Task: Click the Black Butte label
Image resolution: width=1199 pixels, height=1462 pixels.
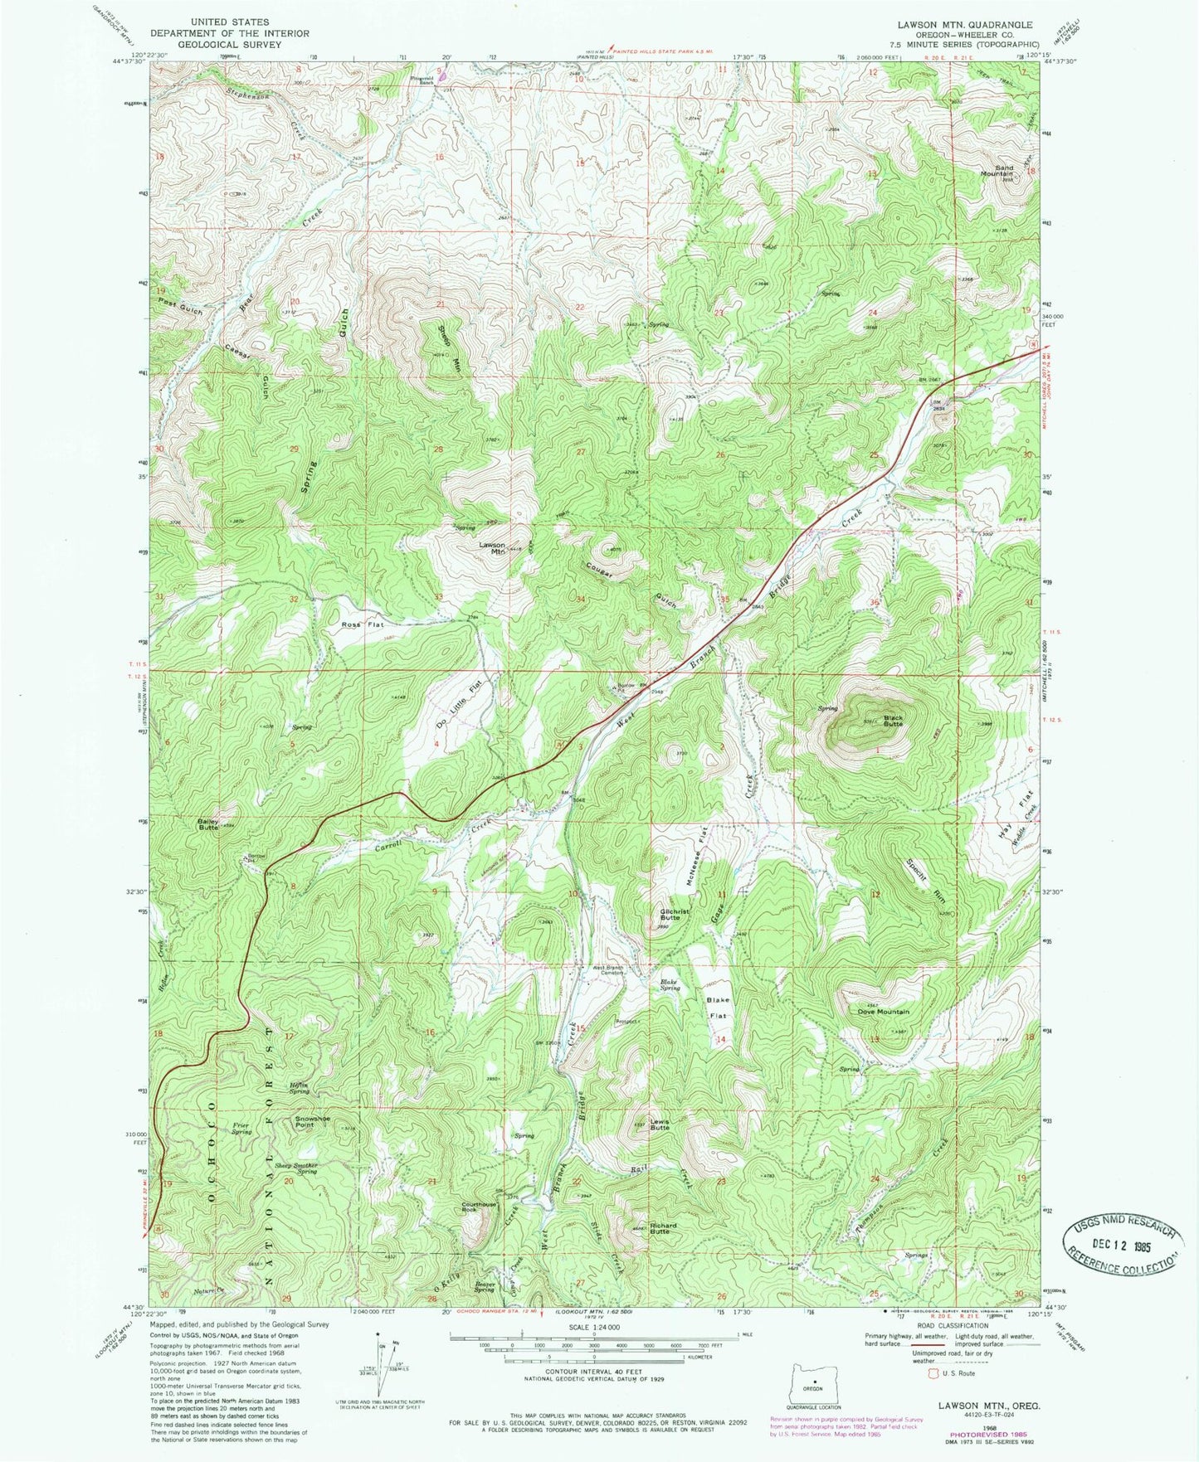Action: (x=892, y=720)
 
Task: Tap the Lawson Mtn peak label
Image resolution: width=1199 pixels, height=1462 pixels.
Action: (x=493, y=547)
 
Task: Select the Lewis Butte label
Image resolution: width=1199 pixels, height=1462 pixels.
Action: (x=660, y=1125)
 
